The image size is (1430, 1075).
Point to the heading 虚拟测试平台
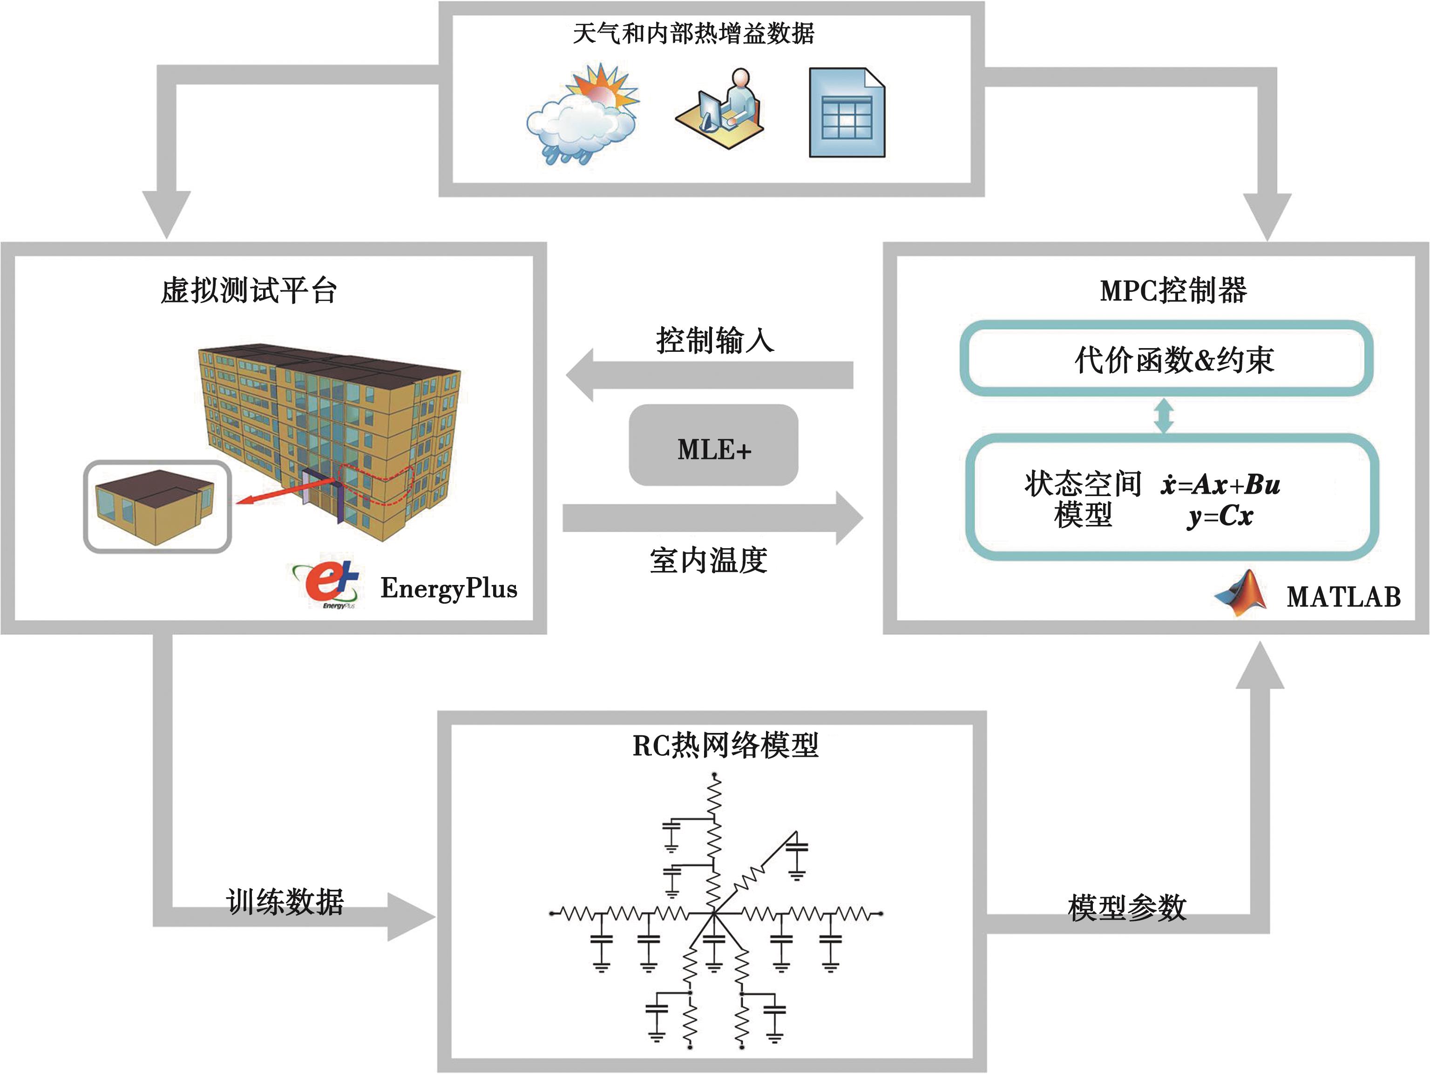pos(249,291)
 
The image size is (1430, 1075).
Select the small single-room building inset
pos(157,506)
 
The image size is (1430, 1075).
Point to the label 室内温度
pos(709,561)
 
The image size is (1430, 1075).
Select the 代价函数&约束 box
pos(1166,359)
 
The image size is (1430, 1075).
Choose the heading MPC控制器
pos(1173,291)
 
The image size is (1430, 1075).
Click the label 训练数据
pos(285,902)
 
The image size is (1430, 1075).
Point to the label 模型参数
pos(1127,907)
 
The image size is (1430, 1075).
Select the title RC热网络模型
pos(725,746)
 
